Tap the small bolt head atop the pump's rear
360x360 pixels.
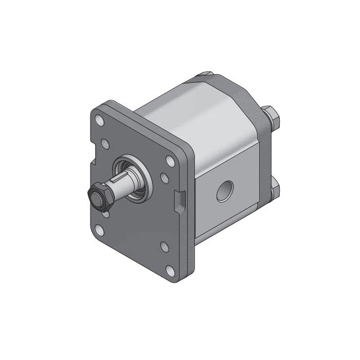tap(205, 75)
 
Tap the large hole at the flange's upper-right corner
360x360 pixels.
tap(169, 158)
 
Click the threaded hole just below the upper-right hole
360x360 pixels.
tap(164, 177)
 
